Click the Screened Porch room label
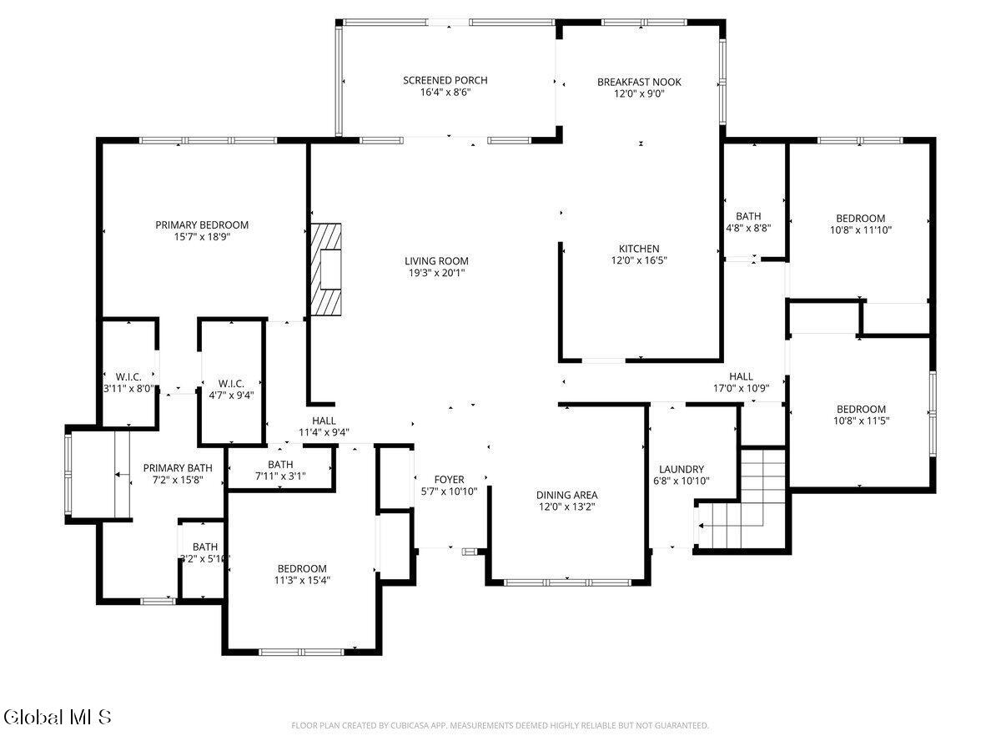coord(445,80)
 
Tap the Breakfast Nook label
coord(639,82)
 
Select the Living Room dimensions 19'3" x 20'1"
coord(436,273)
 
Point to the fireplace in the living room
coord(325,269)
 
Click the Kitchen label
coord(638,249)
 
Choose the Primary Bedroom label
coord(202,224)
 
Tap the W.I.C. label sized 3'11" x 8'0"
coord(128,376)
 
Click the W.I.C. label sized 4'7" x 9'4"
coord(231,384)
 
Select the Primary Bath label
coord(178,468)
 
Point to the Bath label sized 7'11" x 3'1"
coord(280,464)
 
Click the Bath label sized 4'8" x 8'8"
coord(748,215)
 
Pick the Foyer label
coord(449,479)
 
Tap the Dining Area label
coord(566,495)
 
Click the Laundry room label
coord(682,469)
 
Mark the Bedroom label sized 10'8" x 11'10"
coord(860,218)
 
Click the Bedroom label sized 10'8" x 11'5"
coord(861,409)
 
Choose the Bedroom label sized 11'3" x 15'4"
coord(302,568)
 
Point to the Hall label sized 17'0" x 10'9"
coord(741,376)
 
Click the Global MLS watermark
coord(58,718)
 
